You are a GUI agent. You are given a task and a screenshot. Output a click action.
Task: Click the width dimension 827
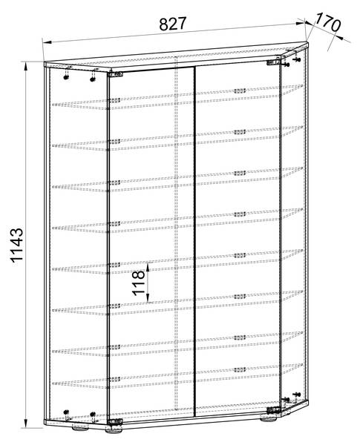pyautogui.click(x=172, y=24)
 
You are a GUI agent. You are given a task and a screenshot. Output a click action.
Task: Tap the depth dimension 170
pyautogui.click(x=327, y=22)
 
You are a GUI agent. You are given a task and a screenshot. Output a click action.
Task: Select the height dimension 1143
pyautogui.click(x=17, y=245)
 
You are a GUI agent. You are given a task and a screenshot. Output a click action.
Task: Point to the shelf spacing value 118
pyautogui.click(x=139, y=283)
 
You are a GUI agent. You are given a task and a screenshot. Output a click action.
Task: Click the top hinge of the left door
pyautogui.click(x=115, y=74)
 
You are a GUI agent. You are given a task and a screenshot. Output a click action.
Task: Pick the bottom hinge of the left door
pyautogui.click(x=115, y=421)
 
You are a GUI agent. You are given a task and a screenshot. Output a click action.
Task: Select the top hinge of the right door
pyautogui.click(x=273, y=62)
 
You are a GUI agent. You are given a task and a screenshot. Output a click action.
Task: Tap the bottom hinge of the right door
pyautogui.click(x=273, y=410)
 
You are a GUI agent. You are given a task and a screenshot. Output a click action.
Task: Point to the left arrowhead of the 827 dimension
pyautogui.click(x=47, y=42)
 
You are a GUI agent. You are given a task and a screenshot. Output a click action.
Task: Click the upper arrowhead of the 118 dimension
pyautogui.click(x=148, y=267)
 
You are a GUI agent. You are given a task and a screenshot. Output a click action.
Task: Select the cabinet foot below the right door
pyautogui.click(x=268, y=418)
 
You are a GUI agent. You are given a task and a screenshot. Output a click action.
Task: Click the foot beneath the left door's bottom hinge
pyautogui.click(x=114, y=430)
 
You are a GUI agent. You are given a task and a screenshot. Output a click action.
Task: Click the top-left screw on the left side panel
pyautogui.click(x=66, y=77)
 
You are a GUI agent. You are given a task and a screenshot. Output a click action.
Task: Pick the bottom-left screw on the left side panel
pyautogui.click(x=66, y=412)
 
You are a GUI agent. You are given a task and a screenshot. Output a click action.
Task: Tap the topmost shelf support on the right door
pyautogui.click(x=240, y=90)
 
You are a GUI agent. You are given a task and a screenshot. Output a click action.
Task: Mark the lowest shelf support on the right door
pyautogui.click(x=240, y=369)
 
